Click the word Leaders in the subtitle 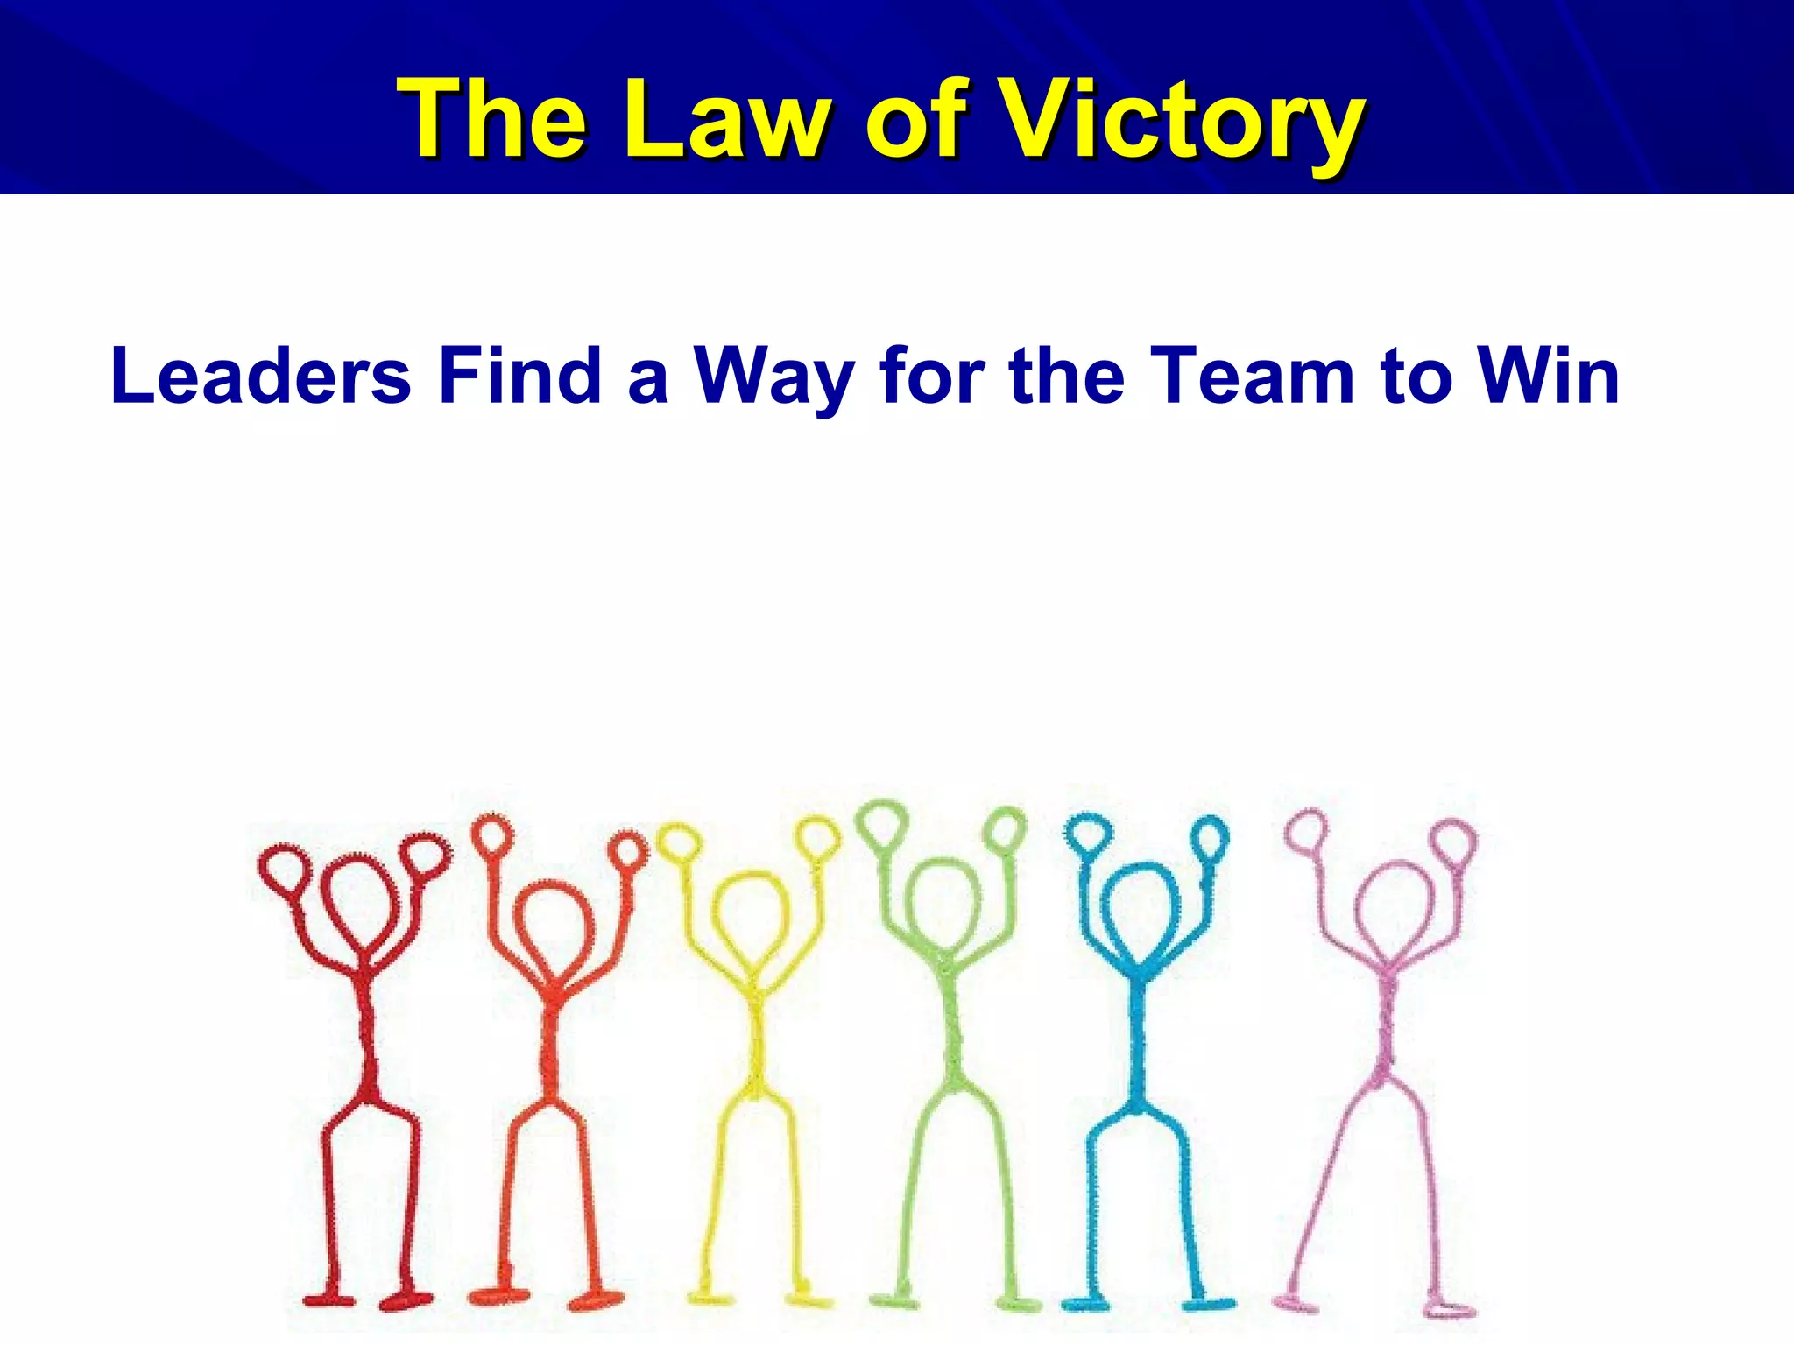tap(261, 376)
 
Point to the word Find tap(520, 376)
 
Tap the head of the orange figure tap(553, 924)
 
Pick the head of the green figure tap(943, 902)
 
